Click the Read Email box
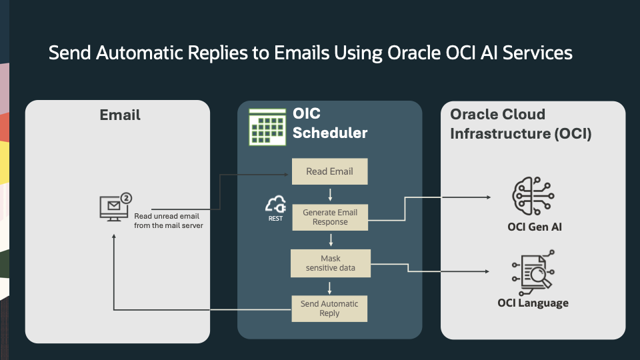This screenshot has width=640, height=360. click(329, 172)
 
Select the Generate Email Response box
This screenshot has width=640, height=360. click(329, 217)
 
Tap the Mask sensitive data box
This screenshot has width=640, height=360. click(329, 263)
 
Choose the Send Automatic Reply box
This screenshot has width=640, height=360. click(329, 308)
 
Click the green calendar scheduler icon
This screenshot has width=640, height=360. click(267, 126)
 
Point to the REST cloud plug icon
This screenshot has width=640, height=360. click(275, 205)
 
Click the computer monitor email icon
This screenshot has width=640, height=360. click(112, 209)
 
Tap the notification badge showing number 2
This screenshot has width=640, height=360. click(126, 199)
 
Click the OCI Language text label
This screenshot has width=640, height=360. click(533, 303)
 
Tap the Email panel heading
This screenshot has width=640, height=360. click(120, 115)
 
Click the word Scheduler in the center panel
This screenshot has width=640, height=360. click(330, 133)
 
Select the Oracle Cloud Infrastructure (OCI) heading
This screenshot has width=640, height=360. click(521, 124)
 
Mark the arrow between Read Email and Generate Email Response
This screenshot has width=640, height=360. click(330, 194)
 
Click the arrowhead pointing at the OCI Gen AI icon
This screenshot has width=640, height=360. click(489, 197)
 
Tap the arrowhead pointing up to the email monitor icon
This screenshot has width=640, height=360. click(114, 239)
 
